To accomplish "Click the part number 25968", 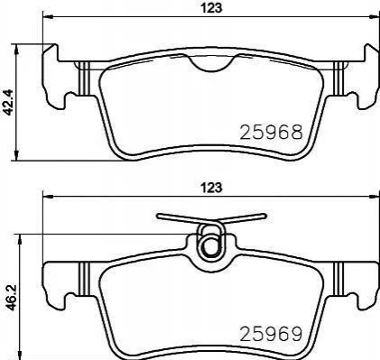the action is tap(271, 133).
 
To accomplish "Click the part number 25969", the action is tap(271, 334).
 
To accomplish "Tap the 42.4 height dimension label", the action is tap(7, 102).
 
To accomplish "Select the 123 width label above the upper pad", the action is tap(211, 8).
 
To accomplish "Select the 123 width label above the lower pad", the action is tap(211, 188).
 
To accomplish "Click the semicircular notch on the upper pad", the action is tap(211, 64).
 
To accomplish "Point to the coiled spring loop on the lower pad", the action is tap(210, 245).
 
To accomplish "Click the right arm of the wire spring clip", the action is tap(243, 218).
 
